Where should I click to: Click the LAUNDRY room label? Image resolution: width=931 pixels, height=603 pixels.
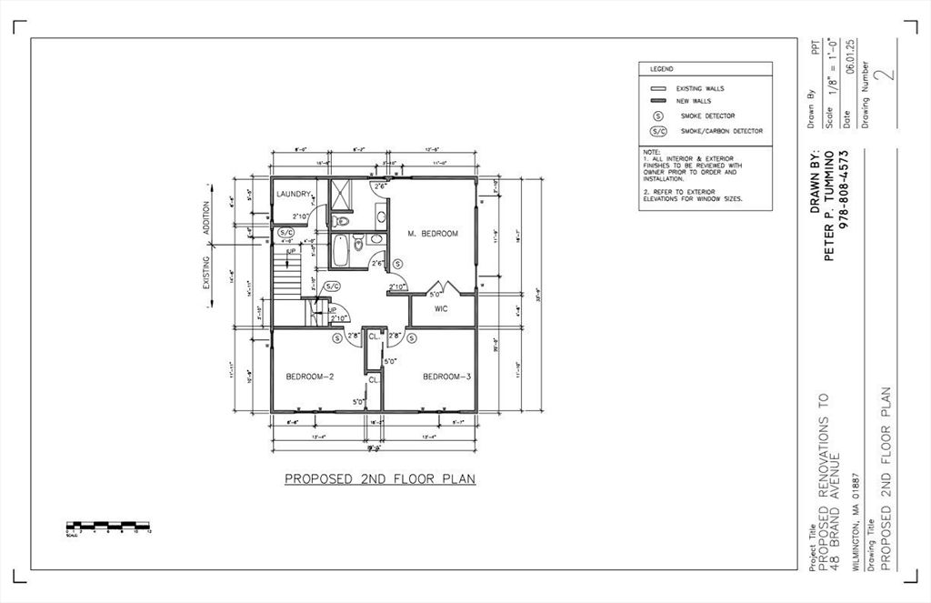[294, 194]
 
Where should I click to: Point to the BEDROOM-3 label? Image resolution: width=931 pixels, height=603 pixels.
[445, 377]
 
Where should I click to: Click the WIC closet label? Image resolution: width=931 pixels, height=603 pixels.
[442, 309]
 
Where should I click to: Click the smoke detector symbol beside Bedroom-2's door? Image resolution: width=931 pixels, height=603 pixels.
[337, 338]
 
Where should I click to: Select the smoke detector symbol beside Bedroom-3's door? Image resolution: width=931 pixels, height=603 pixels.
[412, 338]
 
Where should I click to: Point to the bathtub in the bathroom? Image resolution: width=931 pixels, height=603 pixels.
[340, 251]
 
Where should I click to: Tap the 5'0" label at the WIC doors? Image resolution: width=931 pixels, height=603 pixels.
[435, 294]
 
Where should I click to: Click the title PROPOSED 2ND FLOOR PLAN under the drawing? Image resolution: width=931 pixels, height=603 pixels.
[380, 478]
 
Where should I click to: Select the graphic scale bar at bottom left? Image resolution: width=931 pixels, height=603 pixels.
[108, 526]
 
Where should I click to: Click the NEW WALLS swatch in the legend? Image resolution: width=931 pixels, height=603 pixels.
[657, 101]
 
